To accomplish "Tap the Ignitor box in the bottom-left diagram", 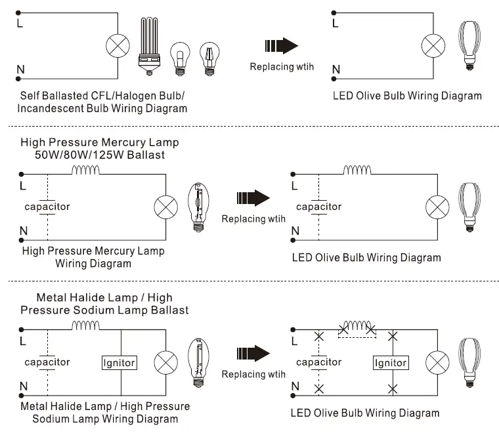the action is pos(119,363).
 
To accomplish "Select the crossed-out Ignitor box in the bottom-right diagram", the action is pos(391,363).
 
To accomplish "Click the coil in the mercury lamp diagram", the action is pos(85,170).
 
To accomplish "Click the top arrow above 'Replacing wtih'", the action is pos(281,45).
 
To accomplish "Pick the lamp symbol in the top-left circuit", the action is pos(118,46).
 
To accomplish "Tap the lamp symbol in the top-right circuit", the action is pos(433,46).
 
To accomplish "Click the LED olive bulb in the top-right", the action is pos(469,45).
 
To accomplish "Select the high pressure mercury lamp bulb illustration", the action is pos(198,207).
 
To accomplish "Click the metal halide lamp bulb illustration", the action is pos(198,363).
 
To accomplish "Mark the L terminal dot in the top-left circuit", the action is pos(18,12).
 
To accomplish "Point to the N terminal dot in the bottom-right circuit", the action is pos(293,396).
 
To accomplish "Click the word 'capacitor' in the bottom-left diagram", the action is pos(47,362).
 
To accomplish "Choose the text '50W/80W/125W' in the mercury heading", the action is pos(79,155).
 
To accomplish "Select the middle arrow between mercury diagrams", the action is pos(253,197).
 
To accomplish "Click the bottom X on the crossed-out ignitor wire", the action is pos(393,389).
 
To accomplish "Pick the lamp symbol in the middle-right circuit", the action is pos(437,207).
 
